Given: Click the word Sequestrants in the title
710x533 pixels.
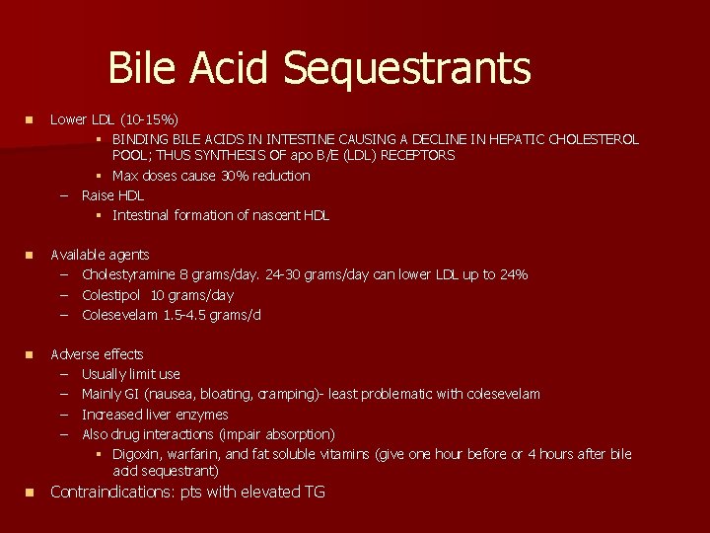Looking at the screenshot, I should (x=406, y=68).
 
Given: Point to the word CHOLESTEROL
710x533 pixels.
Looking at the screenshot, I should (x=592, y=139).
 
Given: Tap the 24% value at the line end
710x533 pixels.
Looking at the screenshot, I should (x=513, y=274).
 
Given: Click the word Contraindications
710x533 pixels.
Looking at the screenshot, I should (x=113, y=492).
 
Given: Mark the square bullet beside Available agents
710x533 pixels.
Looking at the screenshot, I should (x=30, y=255).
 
